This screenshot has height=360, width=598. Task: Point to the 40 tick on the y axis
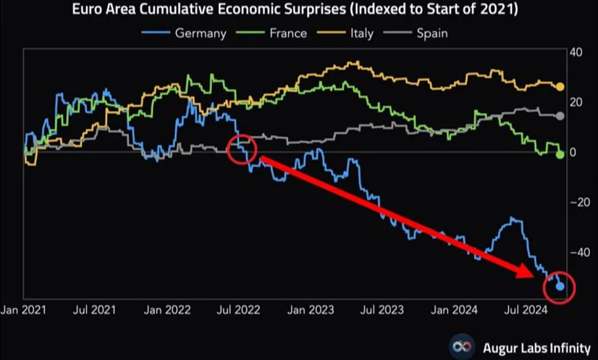(576, 53)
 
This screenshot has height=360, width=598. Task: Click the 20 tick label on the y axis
(576, 102)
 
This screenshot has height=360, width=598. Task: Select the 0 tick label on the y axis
(573, 153)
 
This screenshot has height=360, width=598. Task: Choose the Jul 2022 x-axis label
(238, 310)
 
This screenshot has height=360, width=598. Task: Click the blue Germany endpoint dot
(560, 287)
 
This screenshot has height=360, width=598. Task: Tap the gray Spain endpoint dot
(560, 116)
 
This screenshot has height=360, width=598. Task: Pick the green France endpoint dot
(560, 154)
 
